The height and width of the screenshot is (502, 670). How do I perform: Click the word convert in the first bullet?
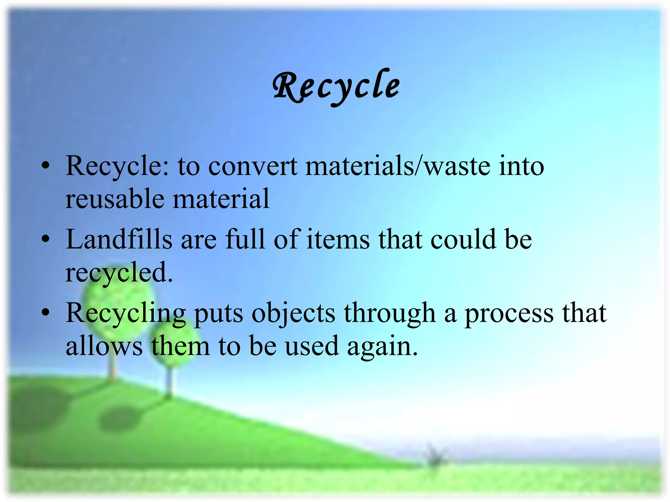253,166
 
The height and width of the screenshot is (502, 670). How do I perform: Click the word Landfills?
119,239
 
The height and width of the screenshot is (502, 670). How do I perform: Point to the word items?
338,239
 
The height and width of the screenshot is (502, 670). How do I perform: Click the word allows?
104,346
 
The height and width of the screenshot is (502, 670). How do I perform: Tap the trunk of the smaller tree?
169,382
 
